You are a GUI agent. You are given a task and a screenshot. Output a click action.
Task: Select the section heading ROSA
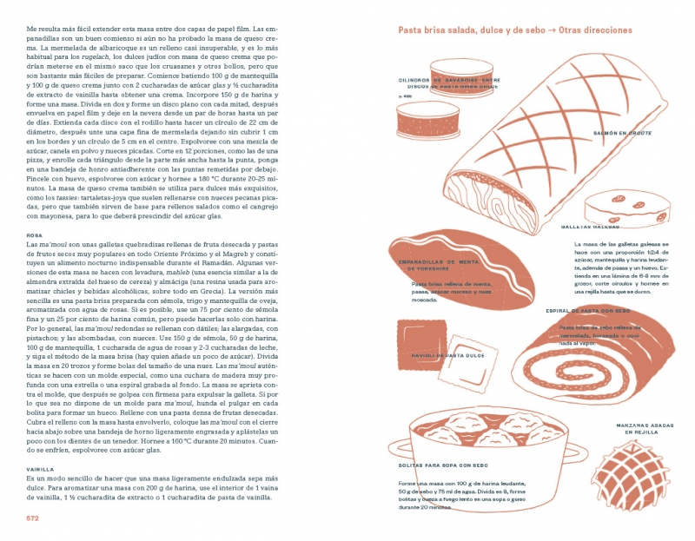point(34,235)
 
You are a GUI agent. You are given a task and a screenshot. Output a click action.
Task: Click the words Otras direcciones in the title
point(596,30)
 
